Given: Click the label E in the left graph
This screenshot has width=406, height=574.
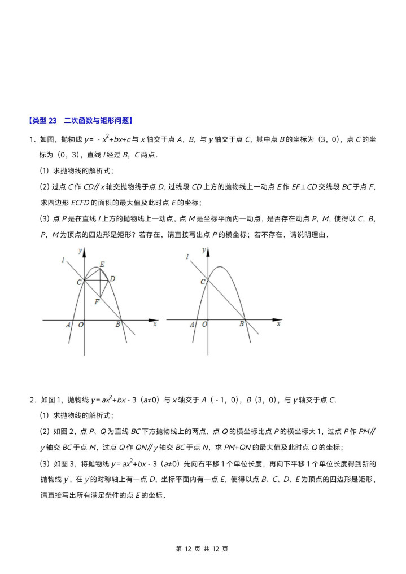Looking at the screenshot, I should [x=102, y=264].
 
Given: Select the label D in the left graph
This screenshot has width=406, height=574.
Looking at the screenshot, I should [x=113, y=278].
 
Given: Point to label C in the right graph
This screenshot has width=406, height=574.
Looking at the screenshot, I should [x=203, y=281].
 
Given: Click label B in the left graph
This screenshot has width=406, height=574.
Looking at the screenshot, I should [x=117, y=325].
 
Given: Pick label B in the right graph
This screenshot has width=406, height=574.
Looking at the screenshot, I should [x=241, y=325].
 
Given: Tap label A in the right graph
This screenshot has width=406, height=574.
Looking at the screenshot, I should [x=192, y=325].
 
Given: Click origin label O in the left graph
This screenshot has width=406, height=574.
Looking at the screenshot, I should [x=81, y=325].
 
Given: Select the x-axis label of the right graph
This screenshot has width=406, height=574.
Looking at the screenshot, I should [x=278, y=325].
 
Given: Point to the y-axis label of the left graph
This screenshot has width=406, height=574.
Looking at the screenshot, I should [x=80, y=249].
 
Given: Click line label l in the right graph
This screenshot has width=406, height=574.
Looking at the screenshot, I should [x=187, y=257].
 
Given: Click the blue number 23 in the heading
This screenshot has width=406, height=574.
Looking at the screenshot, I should [x=53, y=120].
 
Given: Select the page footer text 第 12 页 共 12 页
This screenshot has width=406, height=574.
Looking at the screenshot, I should [x=202, y=549].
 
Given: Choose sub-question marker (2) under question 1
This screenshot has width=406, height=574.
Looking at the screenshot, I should [x=44, y=187].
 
